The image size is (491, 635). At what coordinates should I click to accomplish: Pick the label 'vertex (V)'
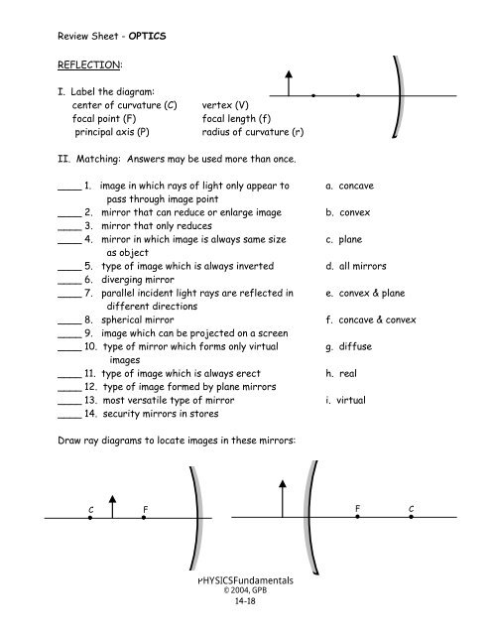point(225,103)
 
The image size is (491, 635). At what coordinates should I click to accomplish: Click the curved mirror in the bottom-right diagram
point(309,516)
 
